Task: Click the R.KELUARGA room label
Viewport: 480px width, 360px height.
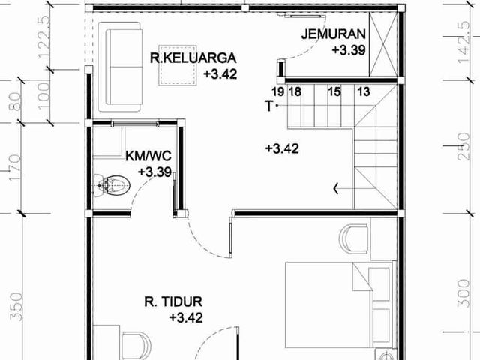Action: (x=193, y=58)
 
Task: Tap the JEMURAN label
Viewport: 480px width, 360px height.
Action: (x=333, y=34)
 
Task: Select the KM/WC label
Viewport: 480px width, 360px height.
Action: (x=148, y=156)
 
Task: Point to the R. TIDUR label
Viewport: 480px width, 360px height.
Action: (x=173, y=301)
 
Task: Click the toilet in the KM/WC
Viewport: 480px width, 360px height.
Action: (x=112, y=185)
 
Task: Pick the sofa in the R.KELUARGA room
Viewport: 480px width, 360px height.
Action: (x=121, y=67)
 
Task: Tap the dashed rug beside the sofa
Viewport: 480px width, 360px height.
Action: (x=178, y=65)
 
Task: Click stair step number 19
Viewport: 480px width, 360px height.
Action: (x=277, y=91)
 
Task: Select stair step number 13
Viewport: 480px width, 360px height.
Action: (x=364, y=91)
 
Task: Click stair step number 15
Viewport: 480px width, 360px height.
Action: (x=334, y=91)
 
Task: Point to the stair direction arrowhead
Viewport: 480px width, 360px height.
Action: (x=336, y=188)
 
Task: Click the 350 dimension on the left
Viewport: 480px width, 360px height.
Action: (x=16, y=307)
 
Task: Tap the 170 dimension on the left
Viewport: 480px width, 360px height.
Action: (x=15, y=168)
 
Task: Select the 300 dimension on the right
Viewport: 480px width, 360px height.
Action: (x=463, y=293)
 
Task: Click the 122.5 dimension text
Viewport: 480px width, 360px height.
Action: (x=43, y=37)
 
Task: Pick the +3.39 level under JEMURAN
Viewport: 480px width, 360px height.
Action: (x=349, y=50)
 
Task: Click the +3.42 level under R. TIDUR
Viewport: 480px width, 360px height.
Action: (x=186, y=317)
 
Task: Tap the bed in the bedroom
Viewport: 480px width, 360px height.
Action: (x=339, y=304)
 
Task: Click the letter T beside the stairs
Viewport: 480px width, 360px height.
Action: (x=268, y=106)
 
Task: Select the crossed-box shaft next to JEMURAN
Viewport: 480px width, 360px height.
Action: (x=383, y=44)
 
